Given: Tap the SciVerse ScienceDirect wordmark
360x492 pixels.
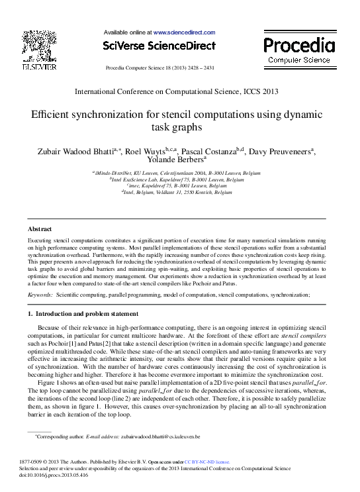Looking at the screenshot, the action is [159, 46].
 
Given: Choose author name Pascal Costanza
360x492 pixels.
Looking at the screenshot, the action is [206, 152].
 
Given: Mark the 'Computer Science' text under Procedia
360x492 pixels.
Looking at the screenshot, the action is [299, 60].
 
